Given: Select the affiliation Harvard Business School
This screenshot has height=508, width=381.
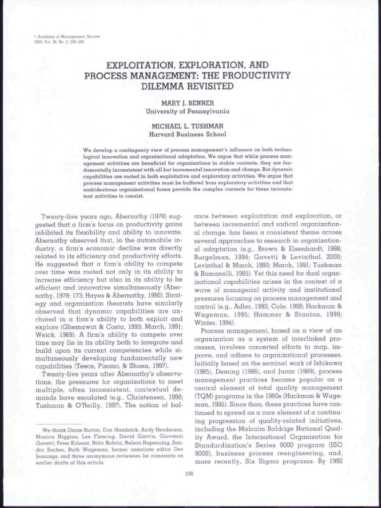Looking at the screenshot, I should click(188, 134).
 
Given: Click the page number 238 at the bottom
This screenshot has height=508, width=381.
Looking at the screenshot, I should click(189, 473).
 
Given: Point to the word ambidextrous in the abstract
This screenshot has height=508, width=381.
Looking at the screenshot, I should click(103, 190).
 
